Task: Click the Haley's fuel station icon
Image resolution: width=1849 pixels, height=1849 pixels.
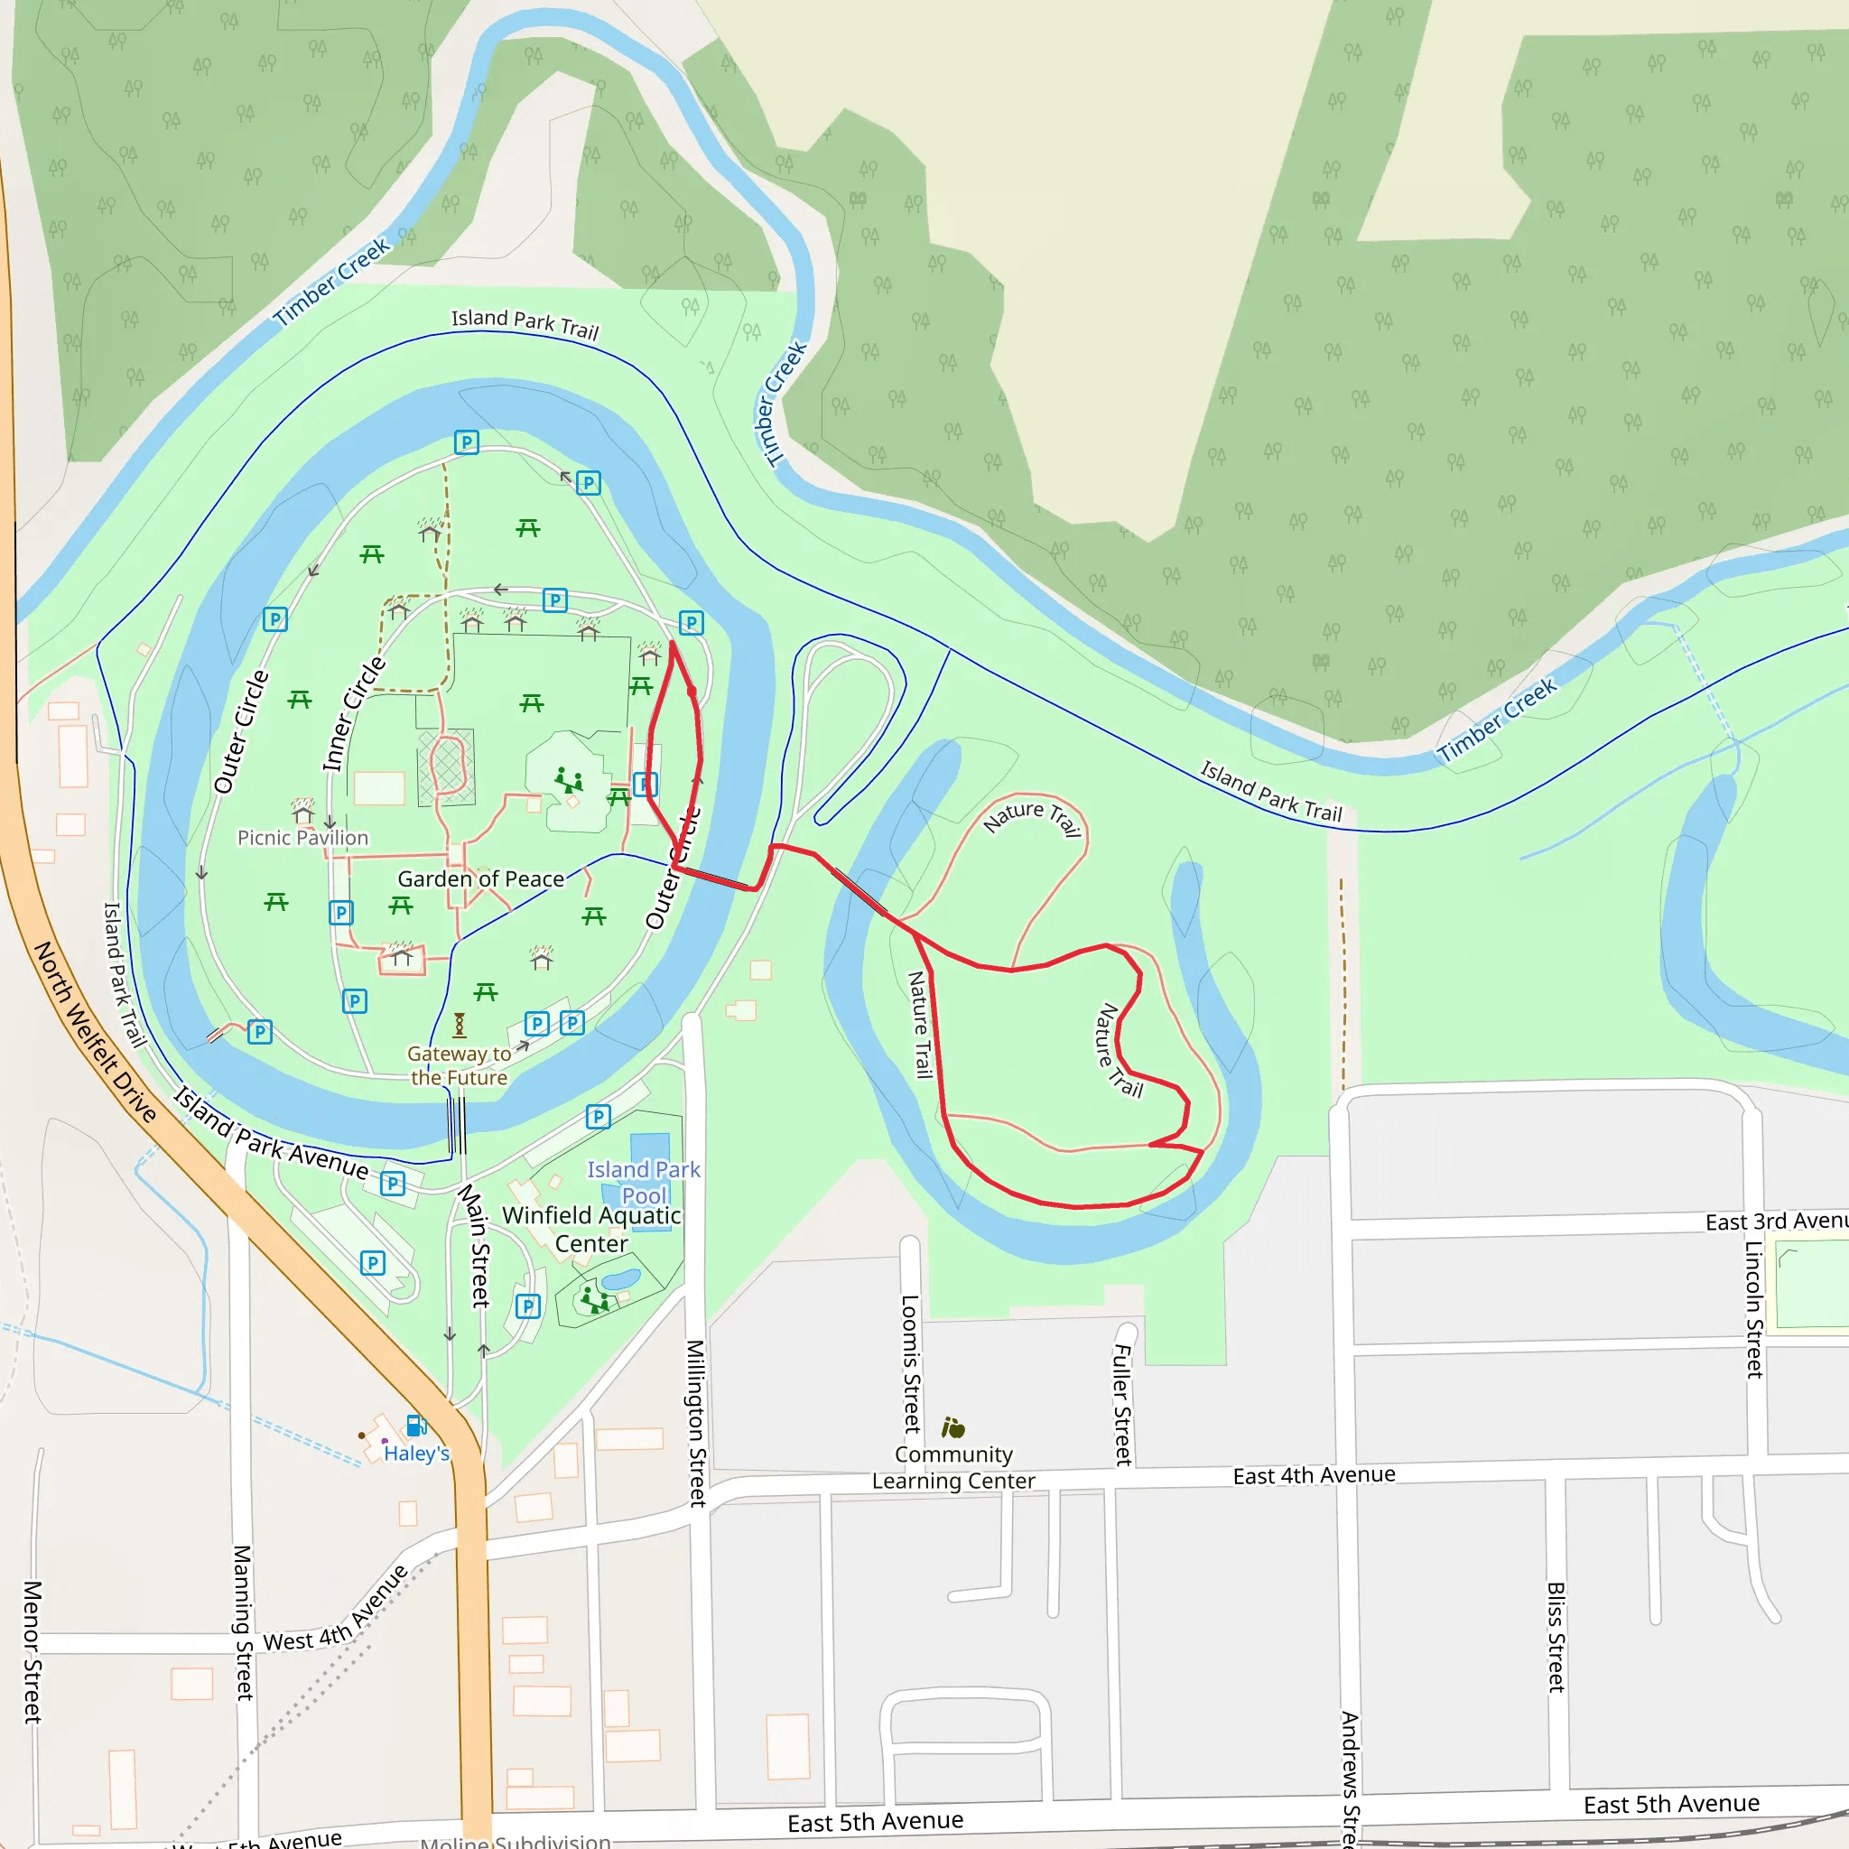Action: (416, 1426)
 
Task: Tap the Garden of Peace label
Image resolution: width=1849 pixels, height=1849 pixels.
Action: (480, 878)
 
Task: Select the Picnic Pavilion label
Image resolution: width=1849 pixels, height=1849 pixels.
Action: (302, 838)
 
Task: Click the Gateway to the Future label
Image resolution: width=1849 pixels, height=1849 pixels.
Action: (460, 1065)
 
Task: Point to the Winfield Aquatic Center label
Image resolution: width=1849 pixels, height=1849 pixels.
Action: (591, 1229)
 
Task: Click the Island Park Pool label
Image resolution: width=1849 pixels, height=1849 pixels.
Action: (644, 1182)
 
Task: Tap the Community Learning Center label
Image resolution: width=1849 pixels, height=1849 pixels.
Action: (953, 1467)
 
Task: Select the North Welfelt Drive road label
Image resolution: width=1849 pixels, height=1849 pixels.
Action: (95, 1032)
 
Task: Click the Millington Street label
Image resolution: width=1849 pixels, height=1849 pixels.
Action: (696, 1423)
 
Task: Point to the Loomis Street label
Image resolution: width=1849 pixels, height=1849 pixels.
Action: (910, 1364)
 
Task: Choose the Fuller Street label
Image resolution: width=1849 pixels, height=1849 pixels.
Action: (1122, 1405)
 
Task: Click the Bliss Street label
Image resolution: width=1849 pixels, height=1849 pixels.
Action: (1556, 1637)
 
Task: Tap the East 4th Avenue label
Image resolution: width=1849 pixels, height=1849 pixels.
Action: (1314, 1475)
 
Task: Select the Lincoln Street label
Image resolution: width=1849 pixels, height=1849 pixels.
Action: (1753, 1309)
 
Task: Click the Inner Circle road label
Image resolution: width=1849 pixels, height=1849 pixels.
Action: (353, 714)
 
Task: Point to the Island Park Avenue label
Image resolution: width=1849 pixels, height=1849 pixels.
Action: (272, 1133)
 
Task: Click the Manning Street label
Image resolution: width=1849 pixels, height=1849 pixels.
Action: (243, 1621)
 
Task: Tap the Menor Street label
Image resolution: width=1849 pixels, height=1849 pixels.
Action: (33, 1652)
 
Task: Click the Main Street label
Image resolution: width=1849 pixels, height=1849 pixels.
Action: (474, 1245)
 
